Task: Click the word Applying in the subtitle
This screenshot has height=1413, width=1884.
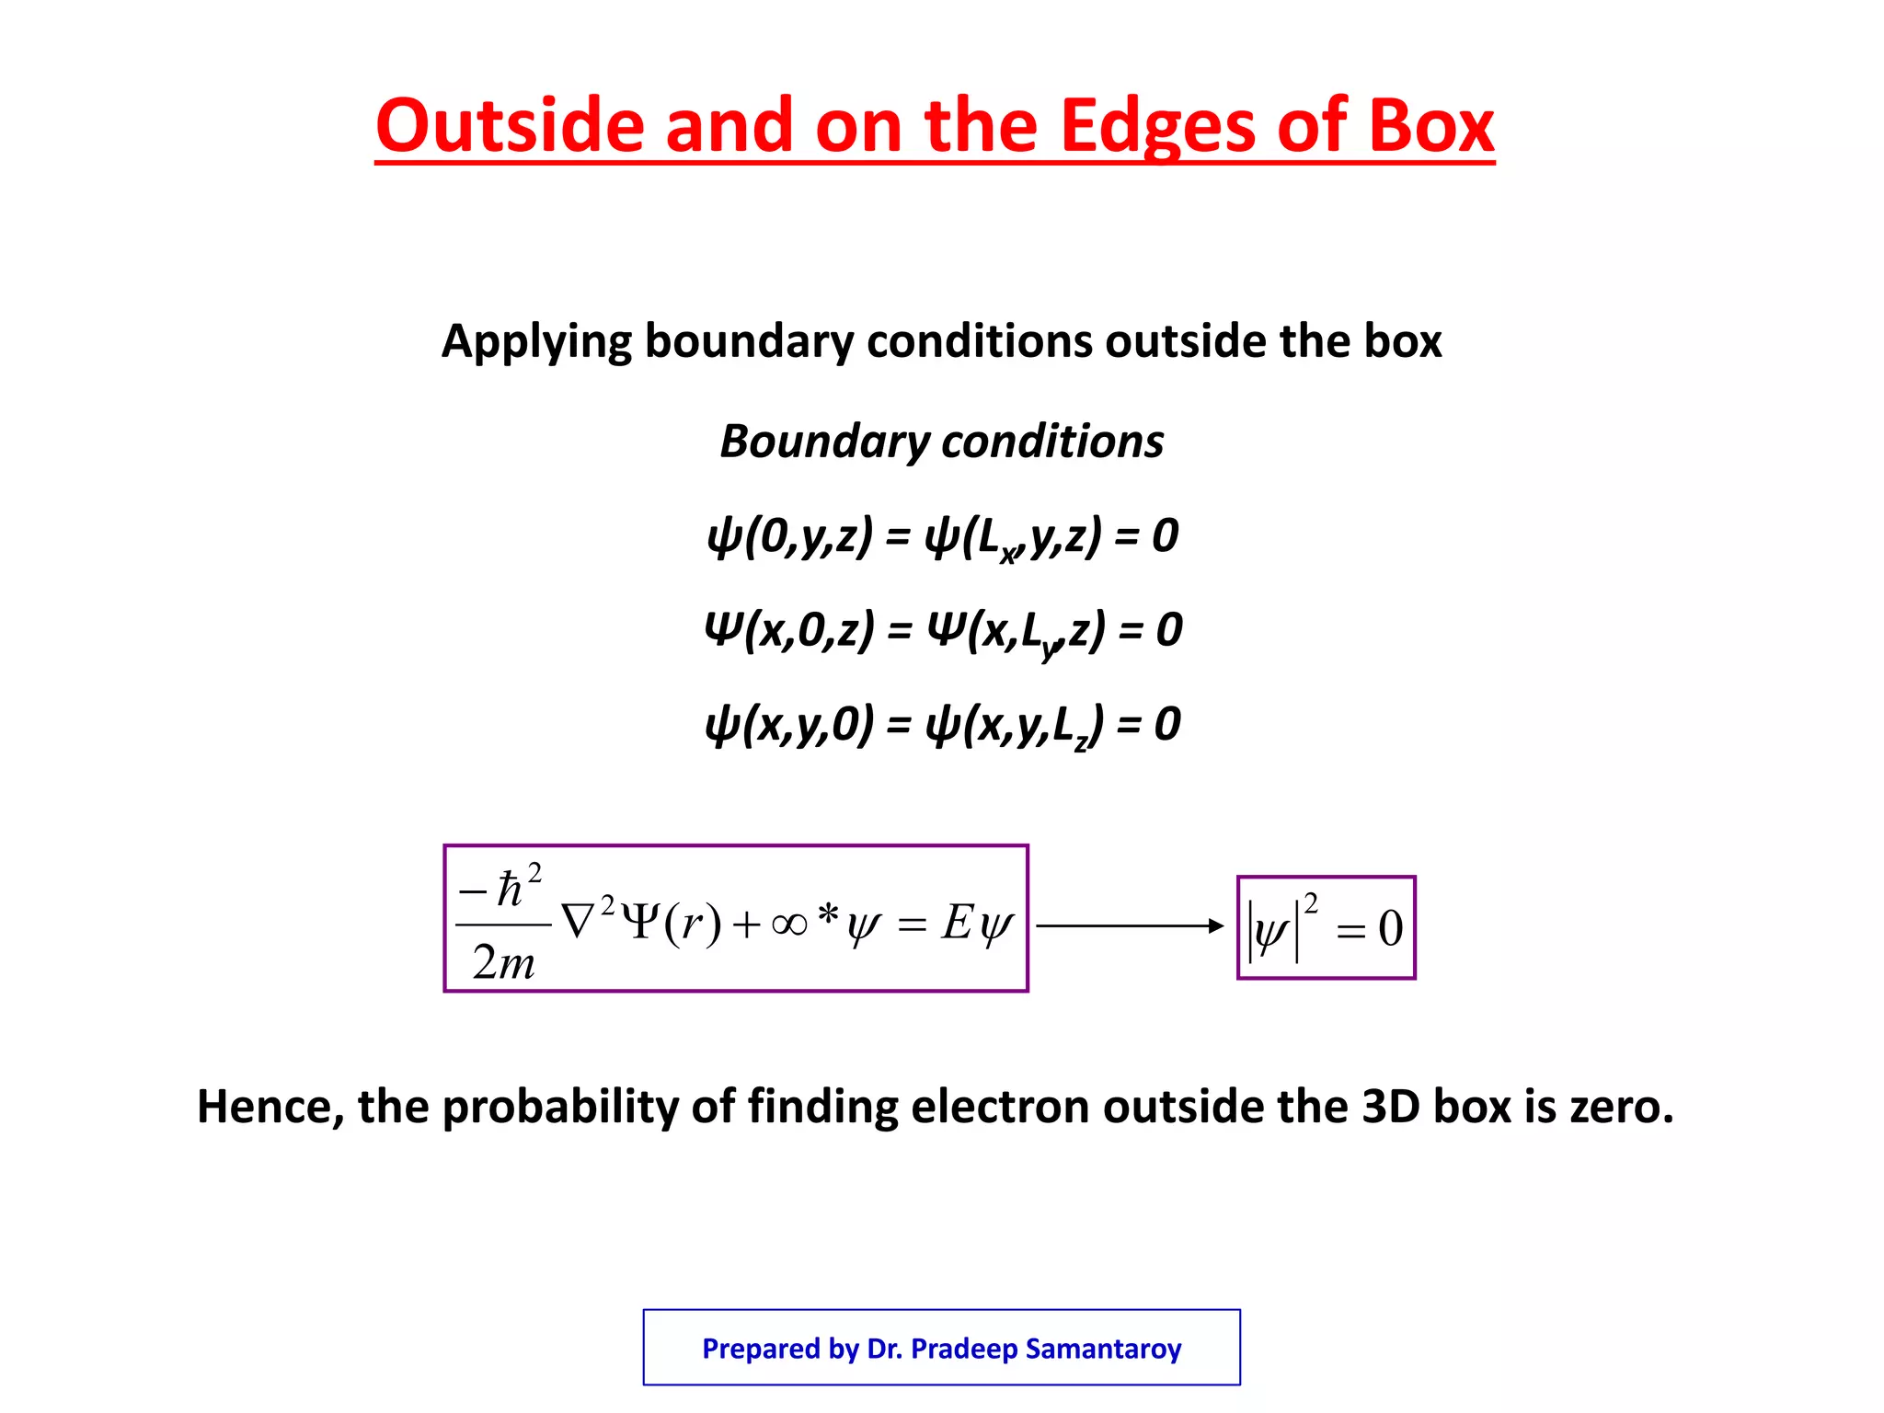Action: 536,342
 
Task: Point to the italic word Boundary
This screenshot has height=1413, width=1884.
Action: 824,442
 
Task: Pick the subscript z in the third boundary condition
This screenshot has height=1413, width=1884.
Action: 1082,741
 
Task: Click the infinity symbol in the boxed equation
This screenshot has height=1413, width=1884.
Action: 789,923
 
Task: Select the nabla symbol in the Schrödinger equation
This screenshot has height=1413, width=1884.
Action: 578,922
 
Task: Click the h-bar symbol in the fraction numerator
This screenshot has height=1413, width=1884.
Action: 509,890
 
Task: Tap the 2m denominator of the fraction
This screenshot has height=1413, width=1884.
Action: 503,963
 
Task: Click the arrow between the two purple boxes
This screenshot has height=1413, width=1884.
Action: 1131,925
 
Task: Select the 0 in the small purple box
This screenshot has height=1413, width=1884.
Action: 1390,928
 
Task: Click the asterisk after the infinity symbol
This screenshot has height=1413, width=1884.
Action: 828,914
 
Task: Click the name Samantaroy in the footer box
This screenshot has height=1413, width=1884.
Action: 1103,1349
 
